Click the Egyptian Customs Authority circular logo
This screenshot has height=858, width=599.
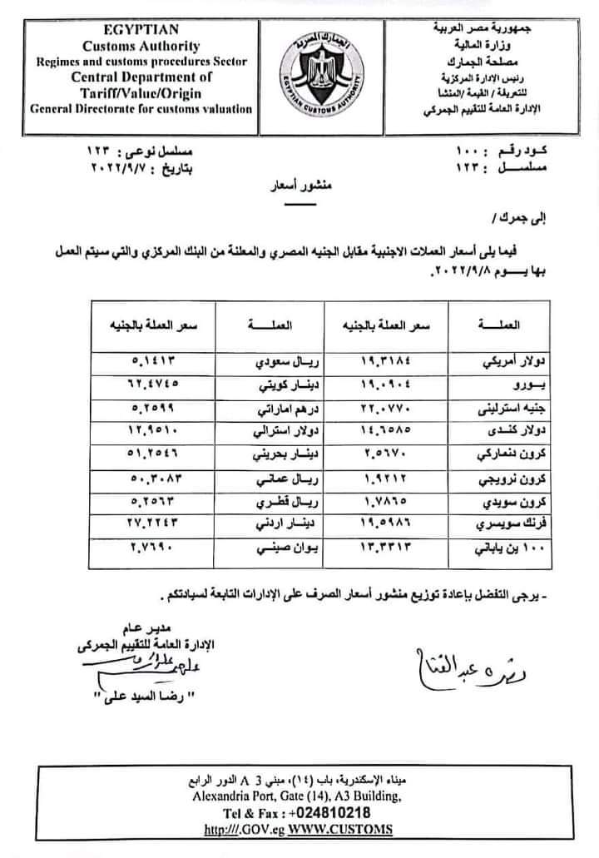click(319, 74)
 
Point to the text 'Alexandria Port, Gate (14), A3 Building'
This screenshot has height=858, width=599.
click(297, 796)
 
